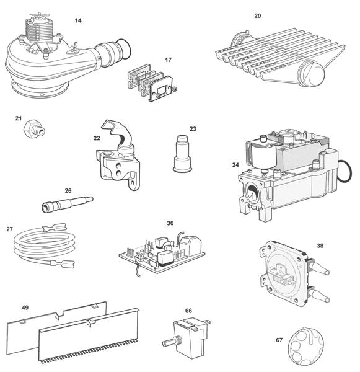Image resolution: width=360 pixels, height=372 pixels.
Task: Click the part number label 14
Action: [77, 20]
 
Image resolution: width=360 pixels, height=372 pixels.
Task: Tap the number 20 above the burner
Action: [257, 15]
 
